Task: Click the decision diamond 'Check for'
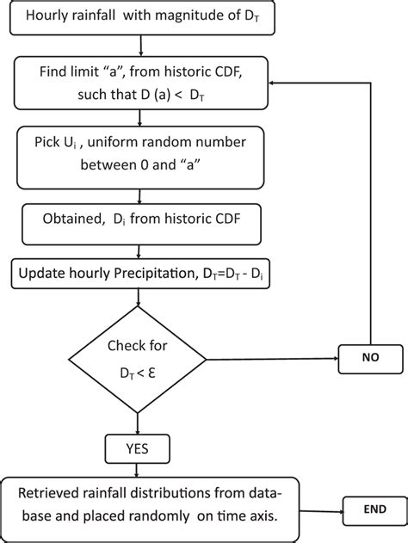tap(139, 358)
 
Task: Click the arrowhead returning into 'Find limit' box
tap(274, 83)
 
